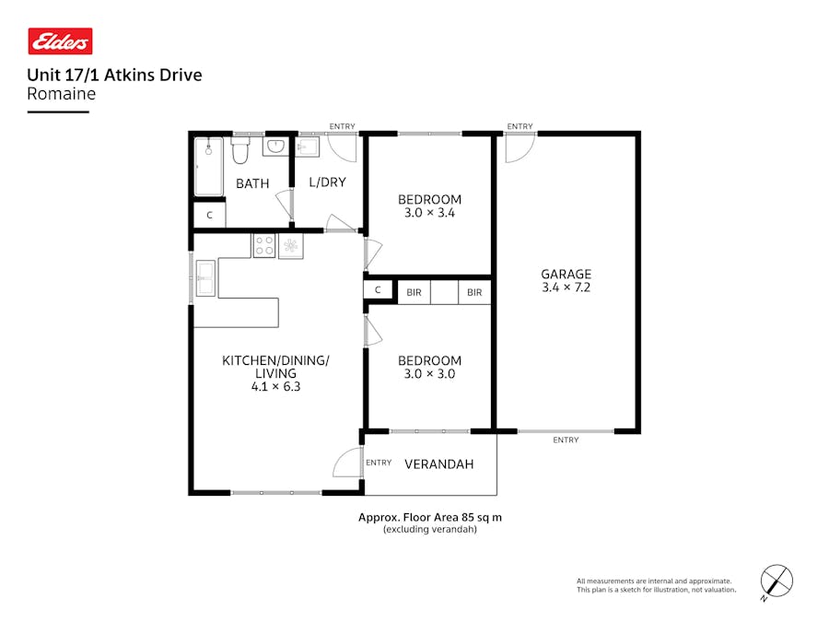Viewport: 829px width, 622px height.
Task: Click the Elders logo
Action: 60,41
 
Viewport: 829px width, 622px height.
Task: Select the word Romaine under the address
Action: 61,93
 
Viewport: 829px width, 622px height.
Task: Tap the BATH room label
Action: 251,183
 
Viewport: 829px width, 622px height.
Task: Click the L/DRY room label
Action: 327,182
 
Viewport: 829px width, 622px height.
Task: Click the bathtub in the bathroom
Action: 208,166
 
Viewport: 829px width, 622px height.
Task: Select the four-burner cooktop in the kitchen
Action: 264,245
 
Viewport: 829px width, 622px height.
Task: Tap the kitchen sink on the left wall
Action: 204,276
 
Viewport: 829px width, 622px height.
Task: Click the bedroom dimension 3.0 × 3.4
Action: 429,213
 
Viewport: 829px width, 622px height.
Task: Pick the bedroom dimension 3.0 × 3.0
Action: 429,374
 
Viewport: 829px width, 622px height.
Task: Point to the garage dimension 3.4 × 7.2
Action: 566,288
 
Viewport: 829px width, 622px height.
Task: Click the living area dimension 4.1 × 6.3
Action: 275,387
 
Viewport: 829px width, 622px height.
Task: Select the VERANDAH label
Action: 439,464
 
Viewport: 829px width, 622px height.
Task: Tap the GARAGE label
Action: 566,274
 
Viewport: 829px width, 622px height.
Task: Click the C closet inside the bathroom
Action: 210,216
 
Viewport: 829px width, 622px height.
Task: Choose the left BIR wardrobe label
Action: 414,292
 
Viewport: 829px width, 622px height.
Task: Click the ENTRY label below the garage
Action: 566,440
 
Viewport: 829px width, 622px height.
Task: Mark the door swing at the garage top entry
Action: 518,148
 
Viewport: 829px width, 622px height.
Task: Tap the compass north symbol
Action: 776,581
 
